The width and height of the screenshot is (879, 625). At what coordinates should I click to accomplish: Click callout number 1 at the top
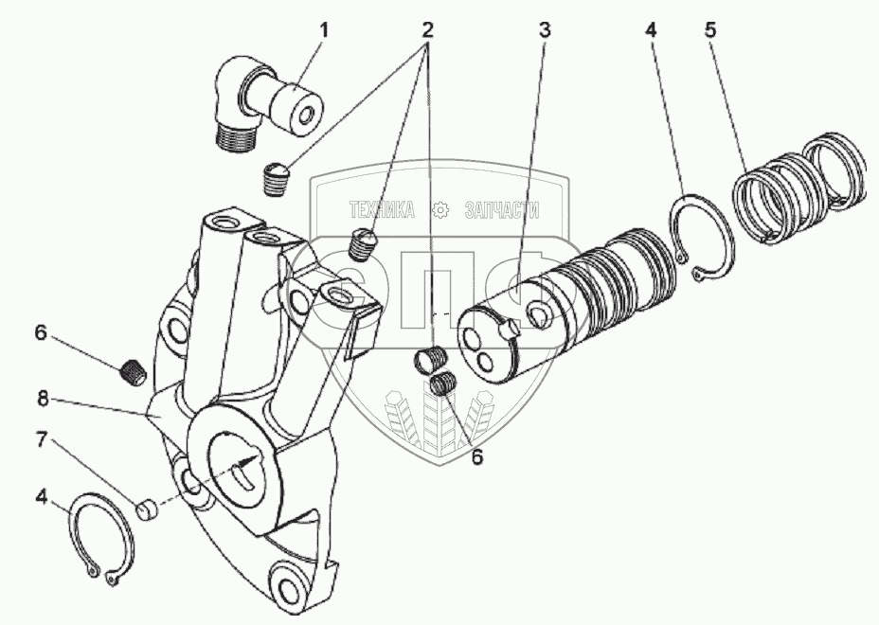tap(323, 29)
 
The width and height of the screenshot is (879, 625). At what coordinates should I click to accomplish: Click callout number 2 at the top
tap(428, 29)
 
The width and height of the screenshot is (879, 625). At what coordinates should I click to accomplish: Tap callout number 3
tap(545, 29)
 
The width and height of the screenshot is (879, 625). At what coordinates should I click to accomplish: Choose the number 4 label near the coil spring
tap(650, 29)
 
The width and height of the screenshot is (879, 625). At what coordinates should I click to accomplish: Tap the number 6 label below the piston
tap(477, 456)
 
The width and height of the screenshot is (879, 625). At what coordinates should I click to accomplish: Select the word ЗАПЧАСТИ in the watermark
tap(503, 209)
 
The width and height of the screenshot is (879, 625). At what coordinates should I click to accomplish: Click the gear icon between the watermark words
tap(440, 209)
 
